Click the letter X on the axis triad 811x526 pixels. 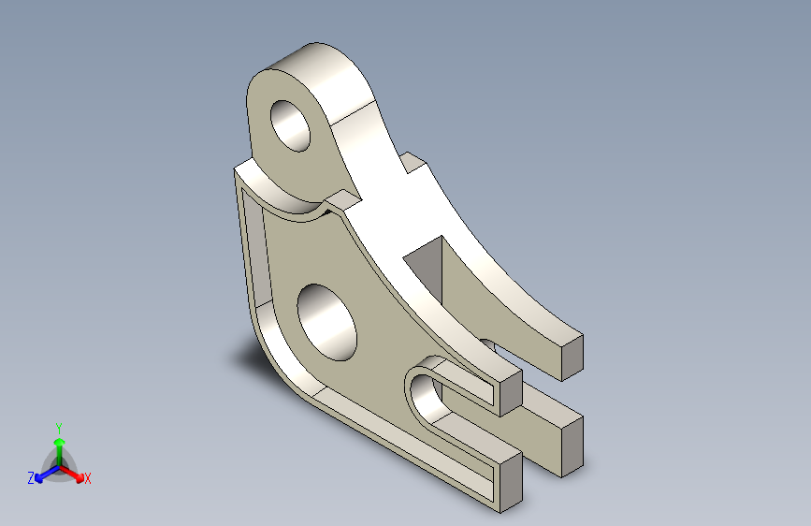coord(88,478)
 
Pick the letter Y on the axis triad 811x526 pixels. coord(58,426)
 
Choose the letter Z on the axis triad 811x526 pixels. coord(31,477)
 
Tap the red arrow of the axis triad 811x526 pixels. coord(75,473)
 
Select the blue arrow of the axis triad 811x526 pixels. coord(42,475)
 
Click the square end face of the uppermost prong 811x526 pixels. coord(572,357)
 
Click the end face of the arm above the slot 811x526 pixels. coord(510,393)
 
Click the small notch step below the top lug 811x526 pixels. coord(342,199)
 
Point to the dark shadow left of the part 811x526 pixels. coord(245,357)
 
